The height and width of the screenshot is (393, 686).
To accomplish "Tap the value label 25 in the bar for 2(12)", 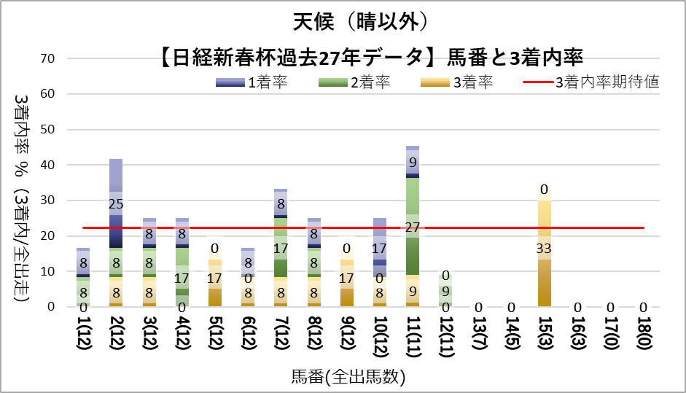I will (x=116, y=203).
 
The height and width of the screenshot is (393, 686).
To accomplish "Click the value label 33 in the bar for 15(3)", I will (x=545, y=246).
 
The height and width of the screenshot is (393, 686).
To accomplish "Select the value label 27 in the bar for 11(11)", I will (x=413, y=227).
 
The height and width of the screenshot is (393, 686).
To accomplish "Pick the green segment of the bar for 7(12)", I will (x=281, y=248).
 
